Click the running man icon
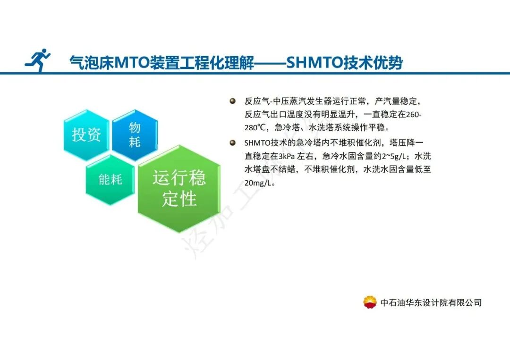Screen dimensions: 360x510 coord(38,60)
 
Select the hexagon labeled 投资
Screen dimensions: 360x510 coord(86,135)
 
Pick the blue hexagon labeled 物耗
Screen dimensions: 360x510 coord(135,134)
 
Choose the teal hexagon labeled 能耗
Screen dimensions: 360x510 coord(110,180)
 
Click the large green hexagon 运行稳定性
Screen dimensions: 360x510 coord(179,189)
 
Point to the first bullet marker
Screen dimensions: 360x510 coord(232,101)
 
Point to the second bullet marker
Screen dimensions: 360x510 coord(232,142)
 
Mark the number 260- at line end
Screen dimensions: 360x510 coord(414,115)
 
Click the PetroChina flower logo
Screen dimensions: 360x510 coord(370,302)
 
